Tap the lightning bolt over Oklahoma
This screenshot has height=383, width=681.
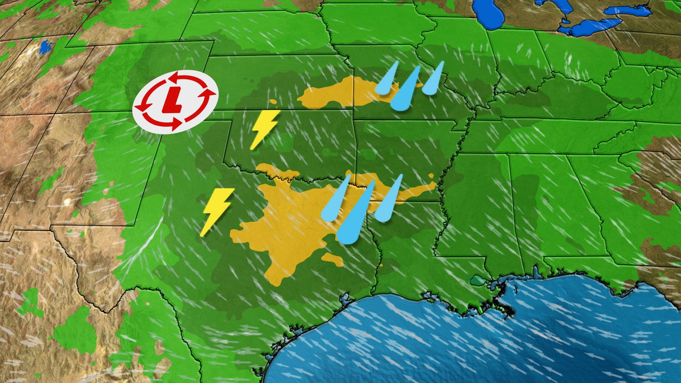[x=264, y=128]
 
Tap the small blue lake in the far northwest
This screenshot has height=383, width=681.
[x=45, y=47]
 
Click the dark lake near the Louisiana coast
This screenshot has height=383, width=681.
[x=479, y=281]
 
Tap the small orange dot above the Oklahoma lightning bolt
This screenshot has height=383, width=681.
[x=273, y=102]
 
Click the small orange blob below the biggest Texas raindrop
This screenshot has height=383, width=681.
[x=333, y=259]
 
